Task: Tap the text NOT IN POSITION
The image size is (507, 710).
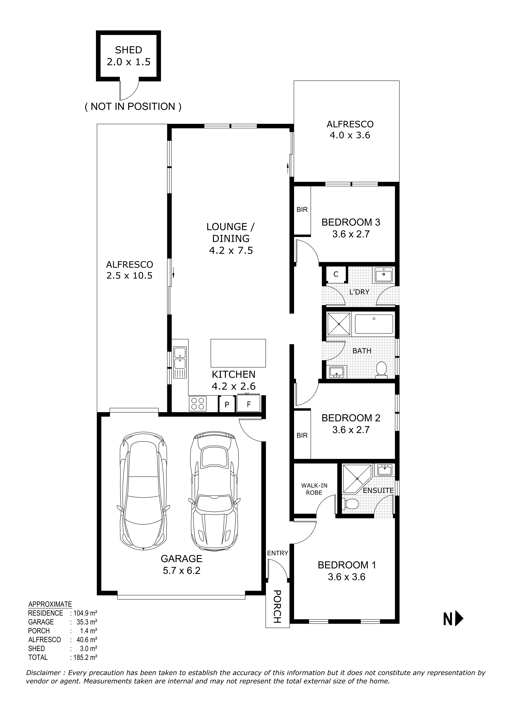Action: pyautogui.click(x=133, y=107)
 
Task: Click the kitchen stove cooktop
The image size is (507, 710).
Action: pyautogui.click(x=197, y=403)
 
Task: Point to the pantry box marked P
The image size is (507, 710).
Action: pyautogui.click(x=227, y=404)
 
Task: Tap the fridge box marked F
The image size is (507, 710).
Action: pyautogui.click(x=249, y=404)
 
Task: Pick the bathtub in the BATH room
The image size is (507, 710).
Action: pyautogui.click(x=374, y=325)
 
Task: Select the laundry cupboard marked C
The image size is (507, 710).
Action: pyautogui.click(x=336, y=274)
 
